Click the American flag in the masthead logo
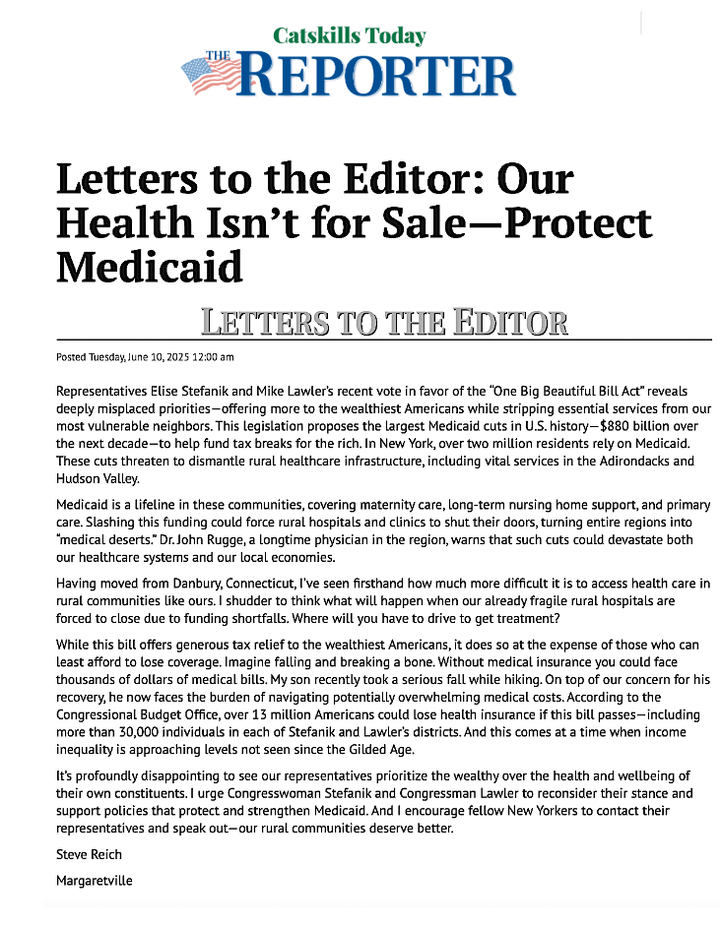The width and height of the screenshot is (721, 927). tap(212, 76)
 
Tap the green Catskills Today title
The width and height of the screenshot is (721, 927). tap(349, 36)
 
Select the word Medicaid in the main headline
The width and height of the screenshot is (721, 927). tap(149, 266)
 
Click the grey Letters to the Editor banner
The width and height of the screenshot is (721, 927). tap(384, 322)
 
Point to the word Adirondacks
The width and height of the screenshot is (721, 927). tap(599, 460)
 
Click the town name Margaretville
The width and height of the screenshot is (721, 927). tap(95, 881)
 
